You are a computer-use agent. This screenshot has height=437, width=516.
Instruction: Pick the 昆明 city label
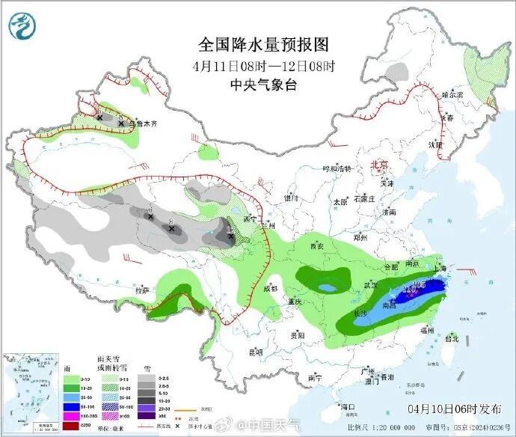(256, 351)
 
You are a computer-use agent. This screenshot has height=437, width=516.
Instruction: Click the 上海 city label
(443, 268)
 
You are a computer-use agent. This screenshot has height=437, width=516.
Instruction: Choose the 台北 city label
(452, 338)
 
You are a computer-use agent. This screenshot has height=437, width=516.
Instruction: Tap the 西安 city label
(316, 246)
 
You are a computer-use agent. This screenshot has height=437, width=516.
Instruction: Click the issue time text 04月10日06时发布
(454, 409)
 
